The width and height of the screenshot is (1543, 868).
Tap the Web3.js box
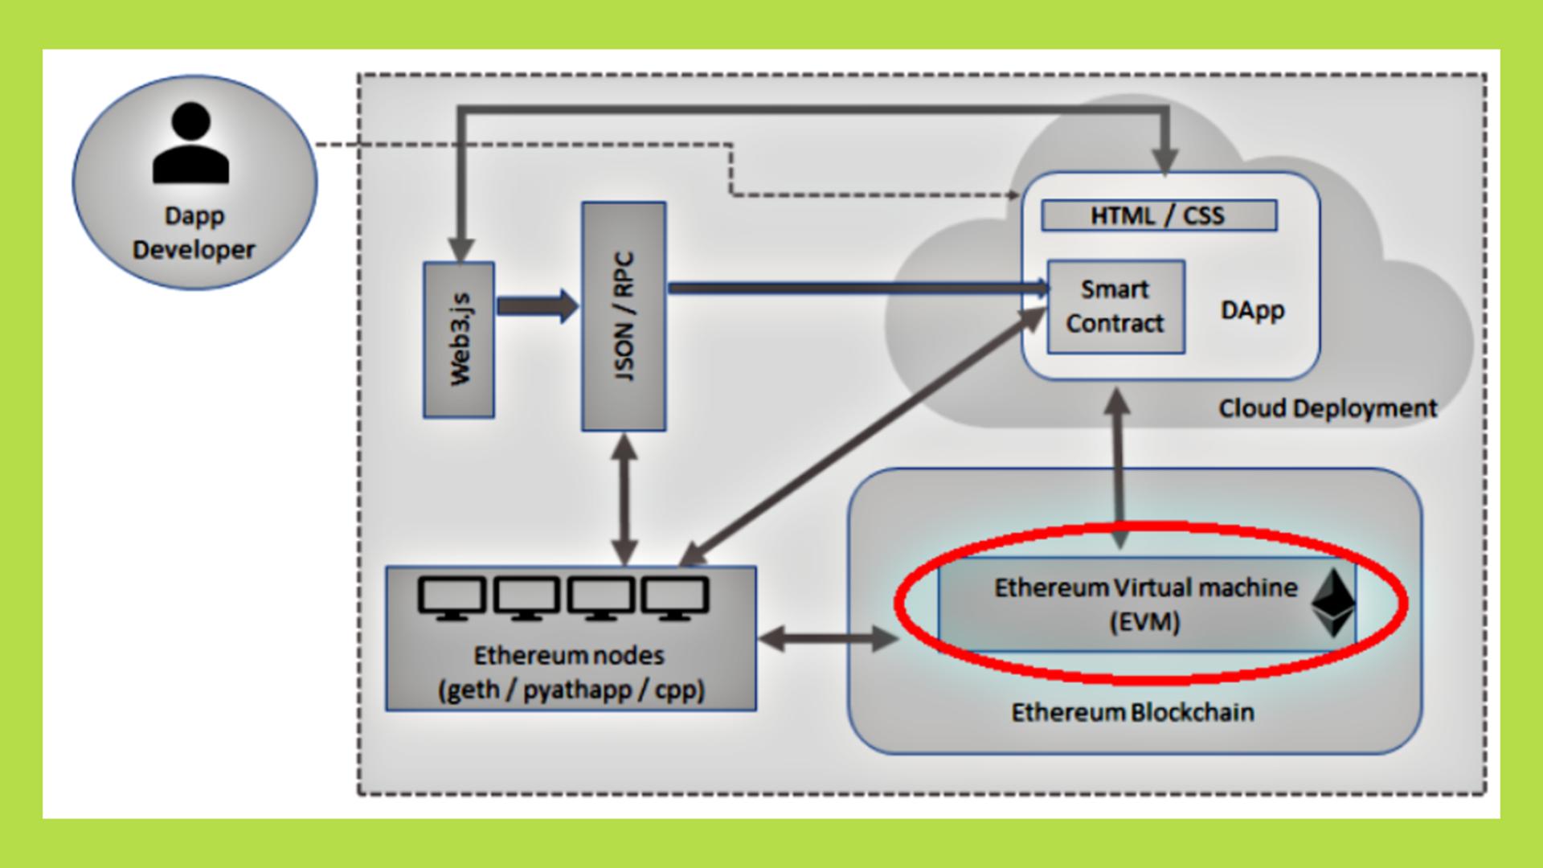click(459, 340)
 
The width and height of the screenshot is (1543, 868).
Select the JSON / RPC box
click(624, 316)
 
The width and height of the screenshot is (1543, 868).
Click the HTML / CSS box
click(1158, 215)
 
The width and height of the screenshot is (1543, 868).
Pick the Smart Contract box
click(1115, 306)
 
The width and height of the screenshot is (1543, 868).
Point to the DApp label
click(1252, 310)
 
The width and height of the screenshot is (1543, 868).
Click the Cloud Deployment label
click(1328, 408)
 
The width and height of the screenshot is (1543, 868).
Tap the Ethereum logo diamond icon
click(1333, 603)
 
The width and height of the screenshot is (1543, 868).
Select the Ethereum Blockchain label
click(1132, 712)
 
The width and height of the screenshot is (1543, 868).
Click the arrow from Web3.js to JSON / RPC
click(537, 306)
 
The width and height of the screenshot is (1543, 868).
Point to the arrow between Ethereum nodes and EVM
click(827, 639)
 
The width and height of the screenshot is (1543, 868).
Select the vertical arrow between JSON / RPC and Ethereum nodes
click(624, 498)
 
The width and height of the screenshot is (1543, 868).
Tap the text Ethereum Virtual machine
click(1145, 588)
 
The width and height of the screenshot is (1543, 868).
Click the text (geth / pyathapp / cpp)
click(571, 690)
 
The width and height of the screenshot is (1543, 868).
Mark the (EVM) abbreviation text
click(1144, 622)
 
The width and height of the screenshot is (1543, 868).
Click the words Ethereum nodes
click(569, 655)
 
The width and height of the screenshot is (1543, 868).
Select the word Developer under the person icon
click(194, 250)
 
